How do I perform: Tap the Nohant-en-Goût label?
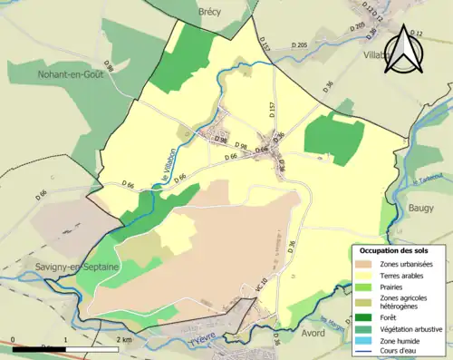pyautogui.click(x=71, y=75)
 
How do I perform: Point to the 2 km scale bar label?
pyautogui.click(x=125, y=340)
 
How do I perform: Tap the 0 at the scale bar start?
pyautogui.click(x=14, y=340)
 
